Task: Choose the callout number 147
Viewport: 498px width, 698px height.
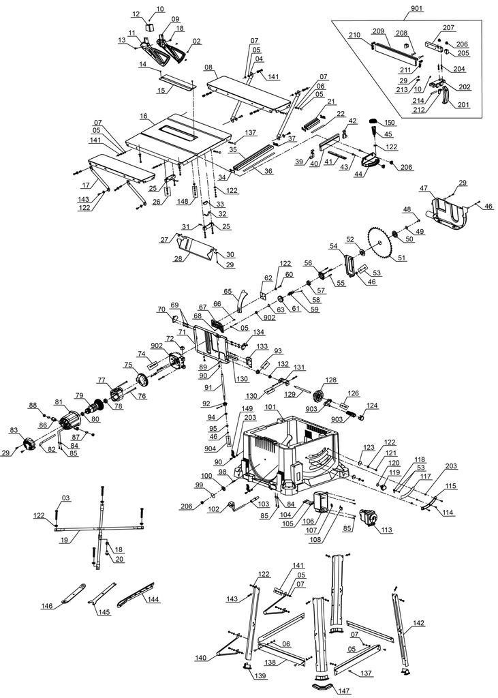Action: pyautogui.click(x=345, y=691)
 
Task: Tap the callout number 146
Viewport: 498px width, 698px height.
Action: pyautogui.click(x=47, y=606)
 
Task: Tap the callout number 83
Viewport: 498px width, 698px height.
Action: pyautogui.click(x=14, y=431)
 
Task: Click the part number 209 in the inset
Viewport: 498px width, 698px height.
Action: pyautogui.click(x=379, y=31)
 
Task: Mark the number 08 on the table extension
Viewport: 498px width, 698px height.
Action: pyautogui.click(x=208, y=67)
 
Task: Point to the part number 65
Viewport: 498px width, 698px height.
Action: pyautogui.click(x=228, y=291)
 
